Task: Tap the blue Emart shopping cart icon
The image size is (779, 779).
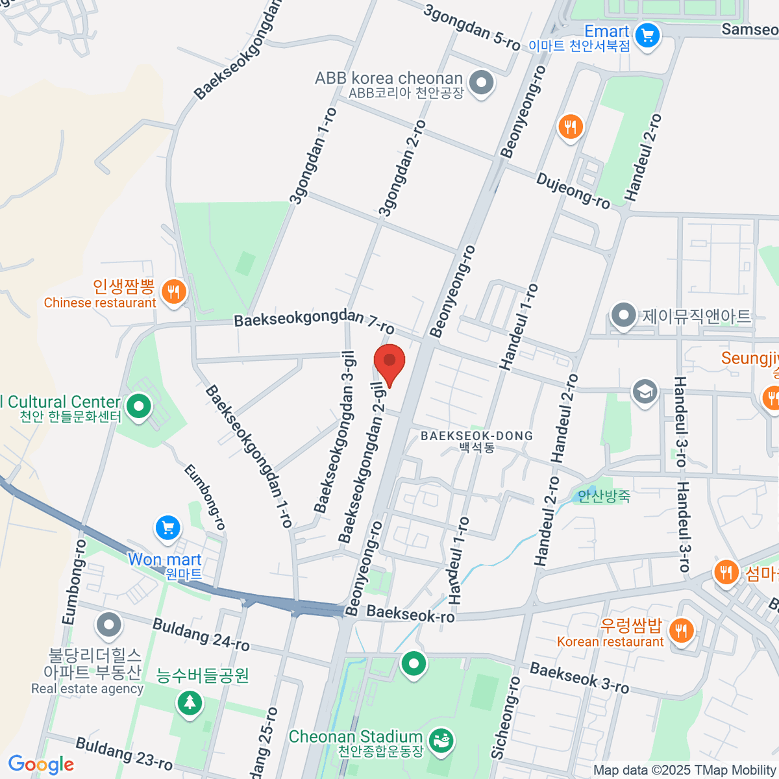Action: coord(647,35)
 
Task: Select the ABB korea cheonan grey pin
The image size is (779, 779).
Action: coord(481,83)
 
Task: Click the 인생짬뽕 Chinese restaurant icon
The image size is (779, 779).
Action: coord(173,291)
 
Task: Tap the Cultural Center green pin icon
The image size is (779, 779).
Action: coord(138,407)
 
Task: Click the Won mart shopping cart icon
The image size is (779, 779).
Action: coord(168,528)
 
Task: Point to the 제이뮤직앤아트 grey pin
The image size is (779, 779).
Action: coord(623,315)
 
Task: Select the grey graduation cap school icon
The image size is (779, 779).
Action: coord(645,391)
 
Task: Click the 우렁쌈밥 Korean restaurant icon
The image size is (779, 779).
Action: coord(680,630)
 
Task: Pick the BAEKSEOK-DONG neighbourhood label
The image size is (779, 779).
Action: coord(476,436)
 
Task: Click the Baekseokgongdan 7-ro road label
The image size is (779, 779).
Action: coord(314,321)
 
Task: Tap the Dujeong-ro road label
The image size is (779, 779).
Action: coord(573,190)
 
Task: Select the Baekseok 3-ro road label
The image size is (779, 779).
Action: coord(579,677)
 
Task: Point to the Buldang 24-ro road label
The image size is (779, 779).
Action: coord(201,634)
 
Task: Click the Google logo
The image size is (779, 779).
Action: coord(41,765)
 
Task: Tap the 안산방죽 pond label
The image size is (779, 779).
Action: coord(604,497)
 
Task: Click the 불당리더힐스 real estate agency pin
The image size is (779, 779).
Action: coord(108,625)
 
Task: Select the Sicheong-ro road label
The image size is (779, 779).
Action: coord(505,717)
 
